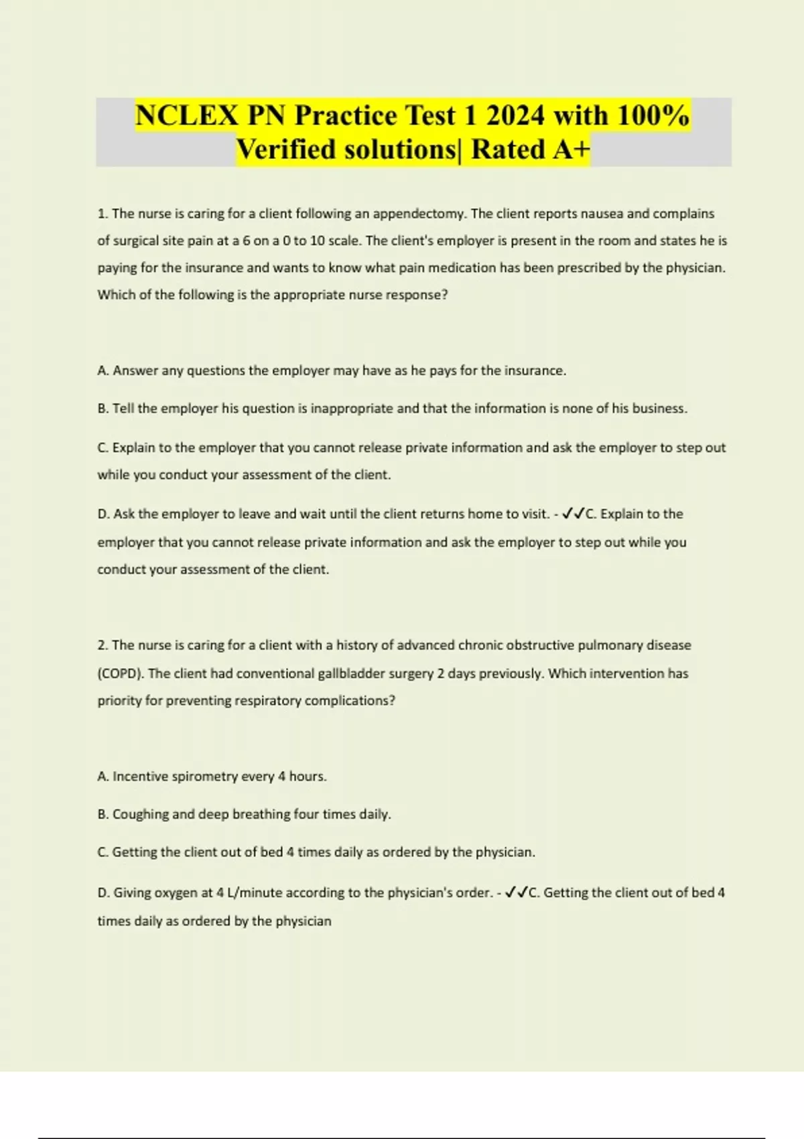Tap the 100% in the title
653,115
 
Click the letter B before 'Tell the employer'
103,409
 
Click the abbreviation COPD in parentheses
121,673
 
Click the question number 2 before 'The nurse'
103,645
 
